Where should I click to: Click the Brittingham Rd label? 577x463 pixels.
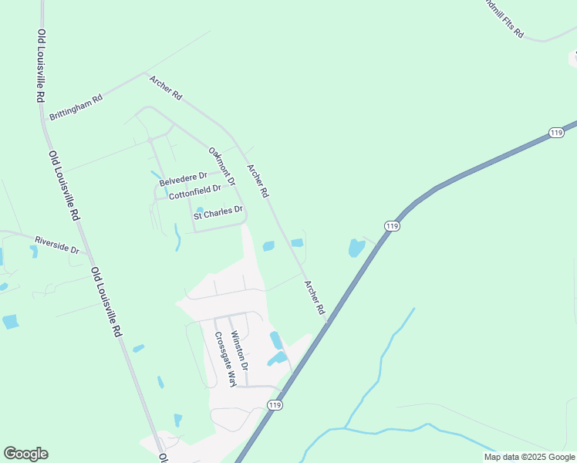click(76, 108)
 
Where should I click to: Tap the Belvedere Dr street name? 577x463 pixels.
click(184, 179)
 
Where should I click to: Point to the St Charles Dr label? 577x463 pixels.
click(218, 213)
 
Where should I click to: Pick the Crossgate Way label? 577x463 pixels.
click(224, 359)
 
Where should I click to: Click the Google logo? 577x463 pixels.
click(25, 454)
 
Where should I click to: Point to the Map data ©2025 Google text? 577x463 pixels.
click(530, 457)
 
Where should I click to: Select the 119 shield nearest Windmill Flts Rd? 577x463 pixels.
click(555, 133)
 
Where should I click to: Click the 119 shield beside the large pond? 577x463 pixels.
click(392, 225)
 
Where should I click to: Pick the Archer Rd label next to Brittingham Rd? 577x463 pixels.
click(166, 87)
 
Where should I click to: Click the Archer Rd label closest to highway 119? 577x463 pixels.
click(315, 297)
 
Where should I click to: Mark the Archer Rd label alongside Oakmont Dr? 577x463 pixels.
click(258, 180)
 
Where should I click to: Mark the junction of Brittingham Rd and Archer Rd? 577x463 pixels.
click(145, 74)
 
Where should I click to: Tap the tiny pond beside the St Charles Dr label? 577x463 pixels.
click(200, 210)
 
